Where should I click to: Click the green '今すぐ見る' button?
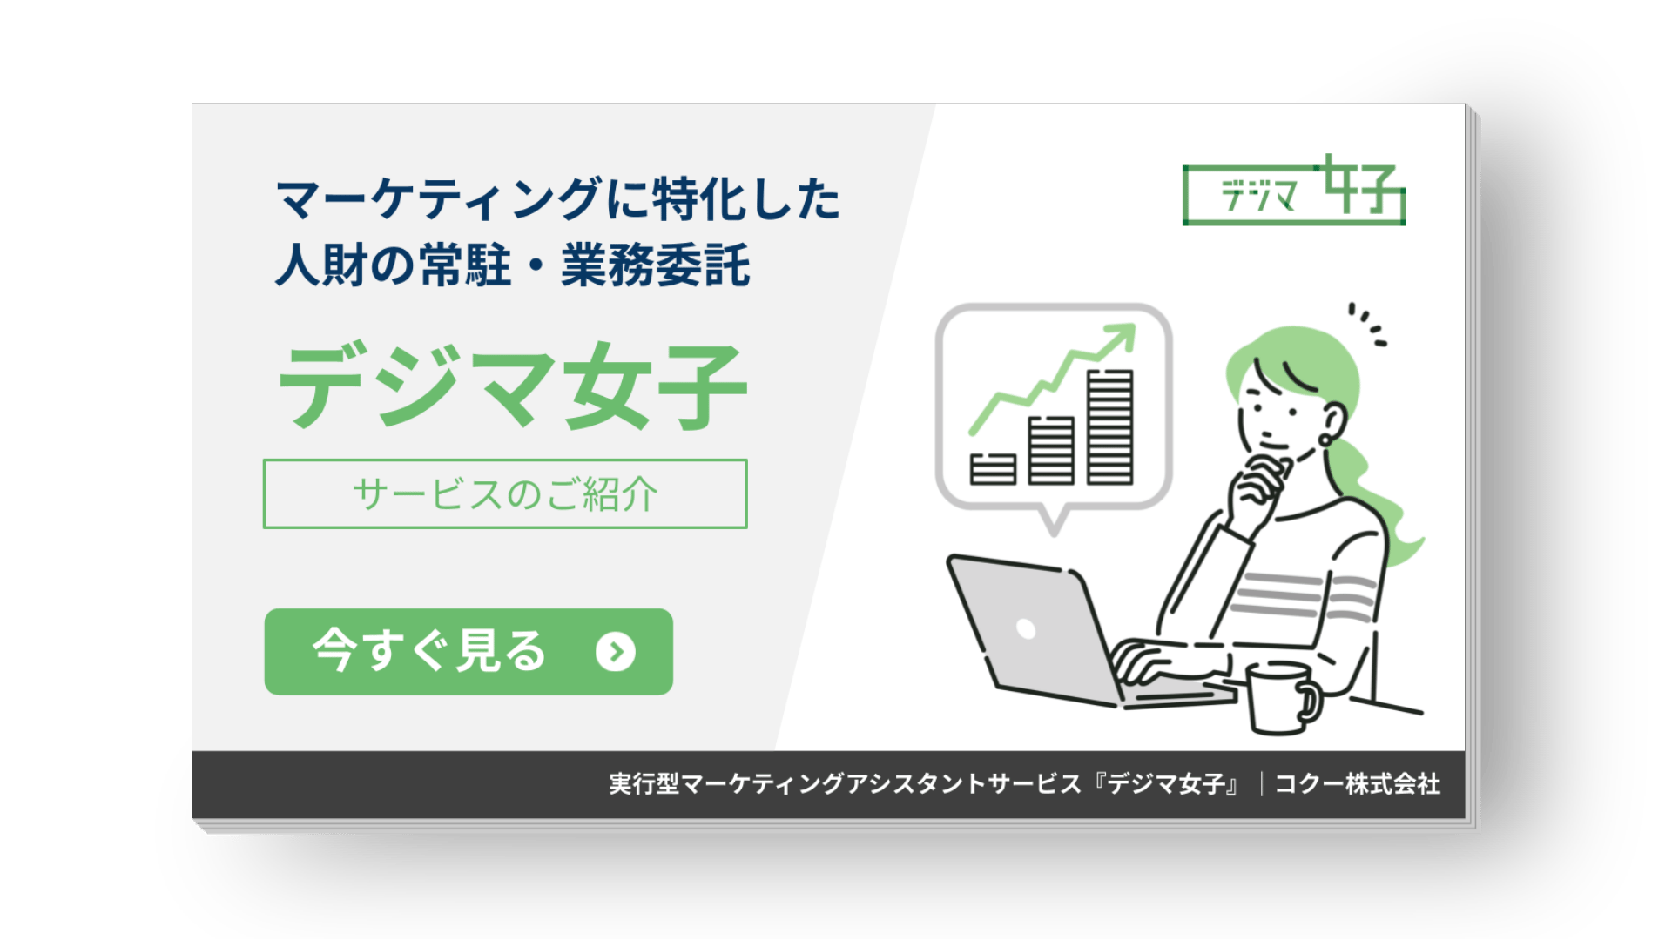[469, 651]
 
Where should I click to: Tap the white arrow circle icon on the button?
[616, 651]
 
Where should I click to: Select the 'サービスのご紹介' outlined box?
[505, 493]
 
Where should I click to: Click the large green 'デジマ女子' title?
[512, 386]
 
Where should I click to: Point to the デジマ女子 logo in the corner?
[1294, 191]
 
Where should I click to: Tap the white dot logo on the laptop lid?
[1026, 628]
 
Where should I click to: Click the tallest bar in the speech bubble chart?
[1110, 426]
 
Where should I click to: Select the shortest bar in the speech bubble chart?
[993, 468]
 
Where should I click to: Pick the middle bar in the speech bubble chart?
[1051, 450]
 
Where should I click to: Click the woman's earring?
[1325, 440]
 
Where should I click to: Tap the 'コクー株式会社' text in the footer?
[1357, 784]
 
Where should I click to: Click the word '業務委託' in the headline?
[655, 265]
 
